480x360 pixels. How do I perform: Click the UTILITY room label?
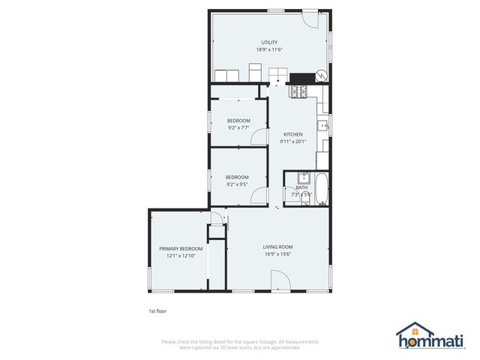coord(269,42)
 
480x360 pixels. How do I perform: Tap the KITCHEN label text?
coord(292,134)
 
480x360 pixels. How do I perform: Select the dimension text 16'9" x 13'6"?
coord(277,254)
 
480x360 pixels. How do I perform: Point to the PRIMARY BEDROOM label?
coord(181,248)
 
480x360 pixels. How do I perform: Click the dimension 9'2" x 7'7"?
coord(238,127)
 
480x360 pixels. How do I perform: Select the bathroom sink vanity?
coord(303,178)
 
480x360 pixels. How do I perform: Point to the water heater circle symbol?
coord(321,76)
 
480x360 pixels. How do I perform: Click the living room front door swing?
coord(279,281)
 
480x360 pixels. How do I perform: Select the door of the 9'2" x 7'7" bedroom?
coord(259,136)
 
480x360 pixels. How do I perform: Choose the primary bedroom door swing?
coord(216,218)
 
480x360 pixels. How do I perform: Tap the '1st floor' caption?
coord(158,309)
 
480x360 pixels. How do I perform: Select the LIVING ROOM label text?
coord(277,247)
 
